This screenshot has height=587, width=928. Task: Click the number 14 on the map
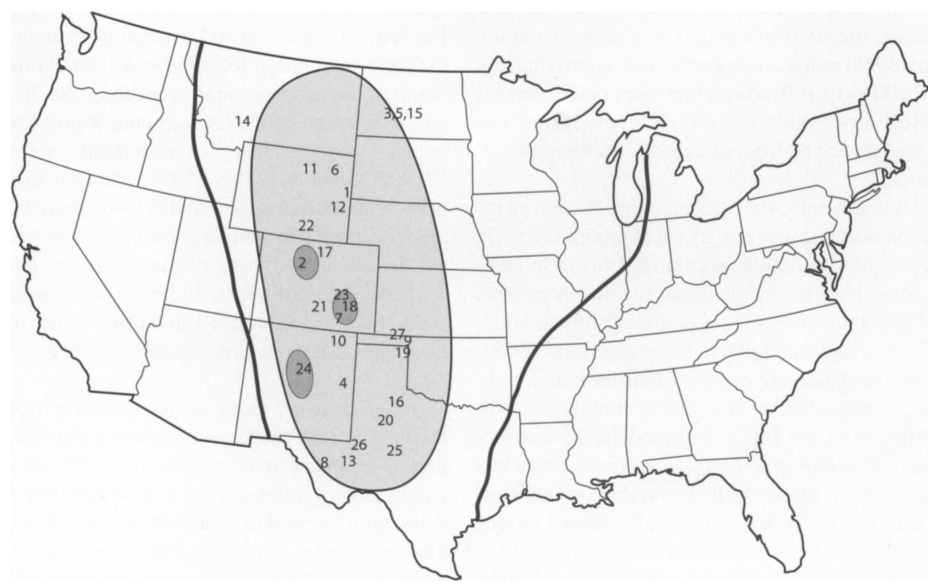242,121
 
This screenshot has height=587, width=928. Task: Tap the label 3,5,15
403,113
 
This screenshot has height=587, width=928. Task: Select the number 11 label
309,169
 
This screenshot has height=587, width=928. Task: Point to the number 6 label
335,170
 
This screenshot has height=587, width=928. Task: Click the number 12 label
338,207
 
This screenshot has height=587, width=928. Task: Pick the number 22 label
306,225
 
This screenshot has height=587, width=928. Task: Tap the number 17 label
325,252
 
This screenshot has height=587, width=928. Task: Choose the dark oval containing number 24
301,369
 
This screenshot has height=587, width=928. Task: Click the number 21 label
319,307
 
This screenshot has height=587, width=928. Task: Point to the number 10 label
338,342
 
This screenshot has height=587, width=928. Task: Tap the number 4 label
343,383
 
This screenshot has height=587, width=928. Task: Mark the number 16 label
396,402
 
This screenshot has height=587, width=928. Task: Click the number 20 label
386,421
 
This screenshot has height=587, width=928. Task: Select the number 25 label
394,450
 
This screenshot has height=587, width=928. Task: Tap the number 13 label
349,460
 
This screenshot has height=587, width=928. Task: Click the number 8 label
325,462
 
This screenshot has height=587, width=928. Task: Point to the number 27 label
397,334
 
